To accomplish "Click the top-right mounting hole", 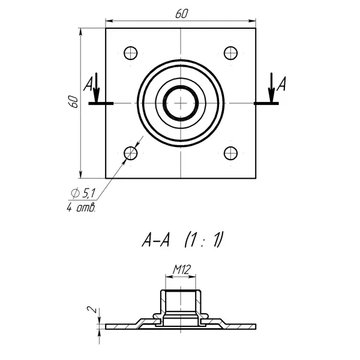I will (x=231, y=53).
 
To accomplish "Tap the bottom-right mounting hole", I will (x=231, y=154).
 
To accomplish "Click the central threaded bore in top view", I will (x=180, y=103).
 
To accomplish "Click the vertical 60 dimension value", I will (x=73, y=101).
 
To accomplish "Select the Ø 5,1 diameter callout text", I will (x=83, y=193).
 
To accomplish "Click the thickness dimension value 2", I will (x=90, y=310).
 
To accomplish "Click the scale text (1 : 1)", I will (x=203, y=241).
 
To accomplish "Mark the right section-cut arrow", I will (x=271, y=89).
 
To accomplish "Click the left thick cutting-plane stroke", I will (x=100, y=103).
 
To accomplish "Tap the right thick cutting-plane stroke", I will (x=266, y=103).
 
